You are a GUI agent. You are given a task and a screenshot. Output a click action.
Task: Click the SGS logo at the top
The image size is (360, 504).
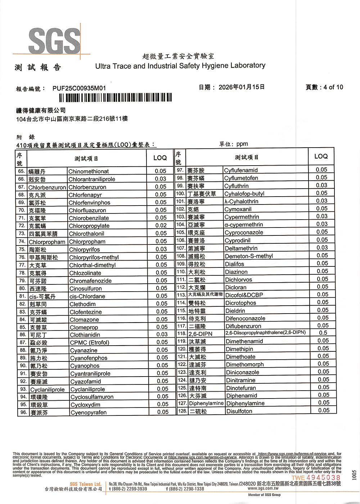click(x=54, y=40)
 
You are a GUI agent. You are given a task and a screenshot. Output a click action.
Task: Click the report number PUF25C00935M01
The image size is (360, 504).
click(x=79, y=88)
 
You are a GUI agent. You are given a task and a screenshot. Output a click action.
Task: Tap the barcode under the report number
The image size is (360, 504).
click(x=115, y=98)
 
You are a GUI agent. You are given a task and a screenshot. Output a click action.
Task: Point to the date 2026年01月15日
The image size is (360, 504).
click(x=241, y=87)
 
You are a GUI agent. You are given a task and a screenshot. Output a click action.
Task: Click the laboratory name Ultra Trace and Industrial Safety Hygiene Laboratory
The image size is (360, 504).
click(x=180, y=66)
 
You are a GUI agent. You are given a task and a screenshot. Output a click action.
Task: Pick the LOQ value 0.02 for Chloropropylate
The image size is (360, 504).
click(x=161, y=226)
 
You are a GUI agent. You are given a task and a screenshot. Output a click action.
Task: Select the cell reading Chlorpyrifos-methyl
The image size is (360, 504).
click(x=94, y=257)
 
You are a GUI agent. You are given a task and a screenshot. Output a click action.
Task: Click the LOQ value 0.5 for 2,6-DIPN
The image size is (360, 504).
click(x=323, y=333)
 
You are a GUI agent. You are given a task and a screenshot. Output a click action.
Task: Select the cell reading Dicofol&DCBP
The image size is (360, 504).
click(x=244, y=295)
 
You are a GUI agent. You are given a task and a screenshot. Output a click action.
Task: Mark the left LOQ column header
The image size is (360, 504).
click(x=160, y=158)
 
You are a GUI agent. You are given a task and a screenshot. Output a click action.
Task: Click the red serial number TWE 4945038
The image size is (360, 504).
click(x=316, y=478)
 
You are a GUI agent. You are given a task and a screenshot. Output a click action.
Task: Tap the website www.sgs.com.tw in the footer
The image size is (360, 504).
click(x=263, y=489)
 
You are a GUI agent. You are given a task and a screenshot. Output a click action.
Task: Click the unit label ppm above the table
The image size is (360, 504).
click(x=242, y=144)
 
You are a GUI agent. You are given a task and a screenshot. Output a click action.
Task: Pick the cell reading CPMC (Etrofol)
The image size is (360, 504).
click(x=90, y=342)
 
